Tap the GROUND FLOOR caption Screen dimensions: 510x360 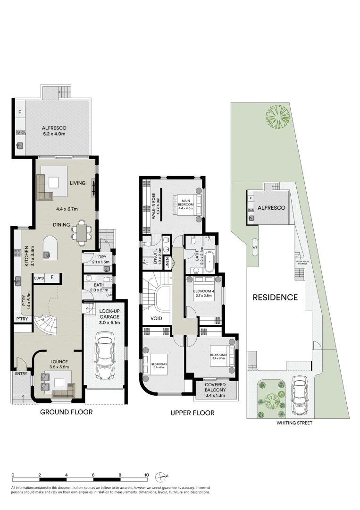click(x=66, y=412)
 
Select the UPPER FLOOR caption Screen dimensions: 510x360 click(x=193, y=413)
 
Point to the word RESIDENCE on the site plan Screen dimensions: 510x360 click(x=275, y=297)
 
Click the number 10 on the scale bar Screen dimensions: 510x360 click(x=147, y=475)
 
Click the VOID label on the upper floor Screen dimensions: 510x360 click(x=156, y=318)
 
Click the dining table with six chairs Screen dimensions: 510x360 click(x=83, y=233)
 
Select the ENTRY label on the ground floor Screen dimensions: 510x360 click(x=21, y=374)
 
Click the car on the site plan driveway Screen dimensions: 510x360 click(x=299, y=394)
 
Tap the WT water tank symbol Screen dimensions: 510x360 click(x=255, y=247)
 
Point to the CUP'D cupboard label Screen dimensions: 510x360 click(x=39, y=278)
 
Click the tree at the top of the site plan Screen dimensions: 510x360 click(x=277, y=116)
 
